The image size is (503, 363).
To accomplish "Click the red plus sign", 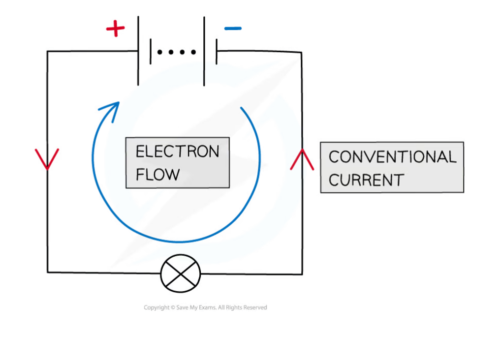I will [115, 29].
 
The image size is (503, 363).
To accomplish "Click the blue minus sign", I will [232, 29].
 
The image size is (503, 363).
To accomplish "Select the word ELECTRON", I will [177, 151].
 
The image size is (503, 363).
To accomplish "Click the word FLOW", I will [157, 174].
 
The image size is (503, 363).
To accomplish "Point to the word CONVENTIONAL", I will [392, 157].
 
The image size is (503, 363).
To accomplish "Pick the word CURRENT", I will [366, 180].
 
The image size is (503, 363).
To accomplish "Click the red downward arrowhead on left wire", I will [47, 158].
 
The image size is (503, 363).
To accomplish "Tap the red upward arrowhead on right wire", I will [302, 159].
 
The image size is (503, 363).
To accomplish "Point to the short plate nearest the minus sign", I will [217, 51].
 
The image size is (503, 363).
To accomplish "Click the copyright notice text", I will [205, 307].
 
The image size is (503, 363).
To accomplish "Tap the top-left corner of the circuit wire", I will [48, 51].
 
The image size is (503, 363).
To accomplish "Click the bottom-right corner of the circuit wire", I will [302, 274].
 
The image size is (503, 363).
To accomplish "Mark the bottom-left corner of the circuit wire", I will [48, 272].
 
